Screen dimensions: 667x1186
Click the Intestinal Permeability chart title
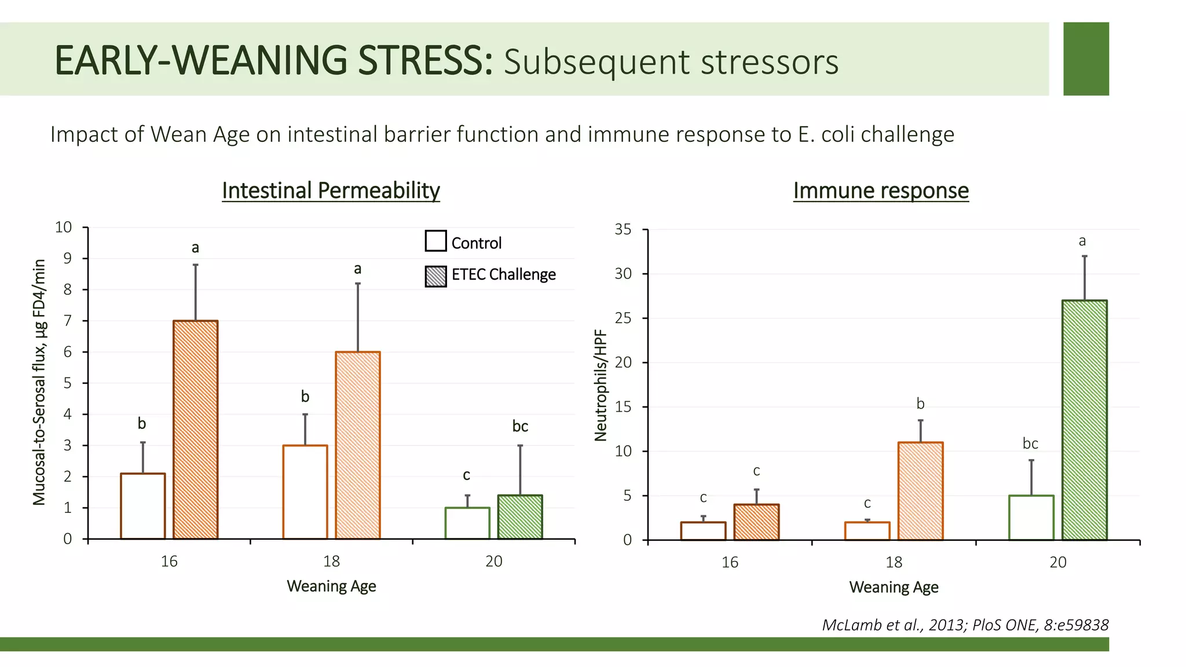(x=331, y=190)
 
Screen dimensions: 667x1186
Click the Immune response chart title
(x=880, y=190)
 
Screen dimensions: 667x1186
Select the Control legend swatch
(x=435, y=241)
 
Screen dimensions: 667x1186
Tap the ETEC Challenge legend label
(x=503, y=274)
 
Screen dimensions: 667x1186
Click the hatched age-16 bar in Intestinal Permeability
(x=196, y=429)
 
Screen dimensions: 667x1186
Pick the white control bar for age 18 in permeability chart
(x=305, y=492)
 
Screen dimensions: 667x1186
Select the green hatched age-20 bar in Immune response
(x=1084, y=420)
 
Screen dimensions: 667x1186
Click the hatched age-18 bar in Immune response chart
(x=920, y=490)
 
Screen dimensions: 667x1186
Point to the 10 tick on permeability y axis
(x=64, y=228)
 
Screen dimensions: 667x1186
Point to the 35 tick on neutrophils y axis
(x=623, y=229)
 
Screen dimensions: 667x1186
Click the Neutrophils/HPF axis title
(x=601, y=385)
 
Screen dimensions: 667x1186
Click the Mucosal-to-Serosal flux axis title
(x=39, y=382)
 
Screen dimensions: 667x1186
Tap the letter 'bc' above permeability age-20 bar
(x=520, y=427)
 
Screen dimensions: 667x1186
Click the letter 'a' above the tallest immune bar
(x=1082, y=241)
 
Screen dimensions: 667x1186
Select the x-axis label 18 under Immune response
(x=894, y=562)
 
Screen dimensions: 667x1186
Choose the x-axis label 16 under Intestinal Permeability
(x=169, y=561)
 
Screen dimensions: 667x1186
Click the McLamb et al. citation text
(x=965, y=625)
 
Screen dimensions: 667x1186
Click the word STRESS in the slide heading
(x=425, y=61)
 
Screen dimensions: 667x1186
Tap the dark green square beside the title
(x=1086, y=58)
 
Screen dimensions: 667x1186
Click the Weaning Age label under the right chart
(x=894, y=587)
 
